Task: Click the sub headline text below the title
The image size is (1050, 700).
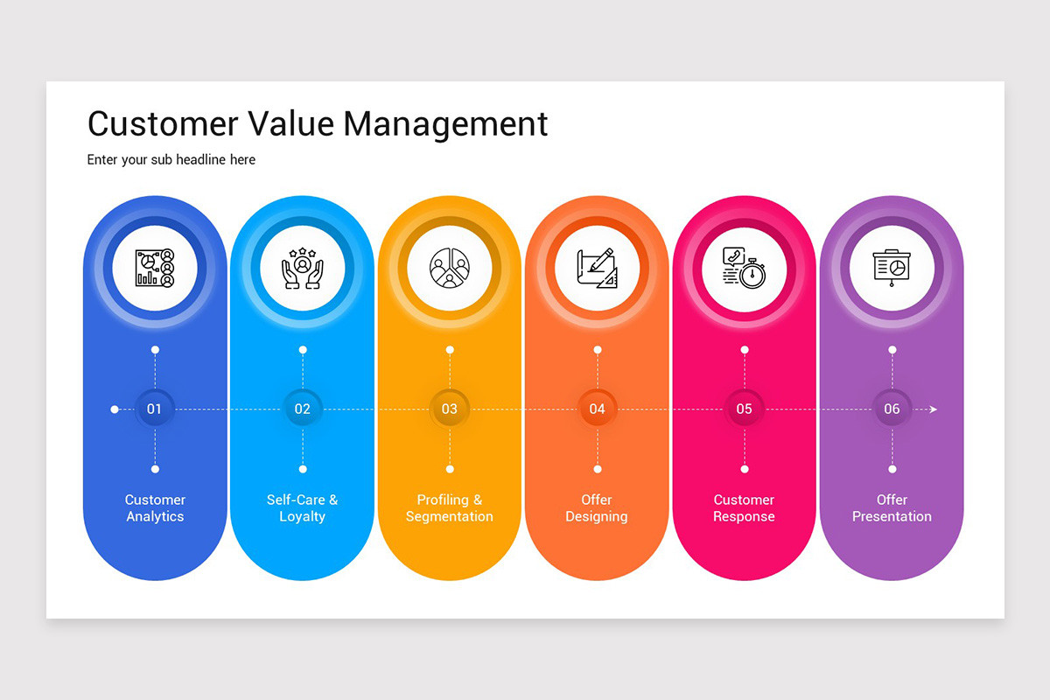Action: click(x=171, y=160)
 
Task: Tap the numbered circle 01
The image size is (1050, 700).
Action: click(x=155, y=409)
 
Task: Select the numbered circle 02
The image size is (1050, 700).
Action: click(x=303, y=409)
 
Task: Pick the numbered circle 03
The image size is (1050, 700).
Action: click(x=450, y=409)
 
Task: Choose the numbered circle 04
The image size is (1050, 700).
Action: click(x=597, y=409)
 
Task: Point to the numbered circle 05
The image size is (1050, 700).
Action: click(x=745, y=409)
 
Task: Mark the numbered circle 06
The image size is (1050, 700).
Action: click(x=892, y=409)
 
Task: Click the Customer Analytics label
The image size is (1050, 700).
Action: click(x=155, y=508)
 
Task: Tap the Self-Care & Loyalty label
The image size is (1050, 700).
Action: click(x=303, y=508)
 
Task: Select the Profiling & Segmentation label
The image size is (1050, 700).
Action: click(x=450, y=508)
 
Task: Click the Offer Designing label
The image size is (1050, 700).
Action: click(x=597, y=508)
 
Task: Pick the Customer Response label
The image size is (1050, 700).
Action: click(x=745, y=508)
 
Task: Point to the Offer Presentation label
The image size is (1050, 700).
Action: click(x=892, y=508)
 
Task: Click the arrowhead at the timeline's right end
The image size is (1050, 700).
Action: click(x=933, y=409)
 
